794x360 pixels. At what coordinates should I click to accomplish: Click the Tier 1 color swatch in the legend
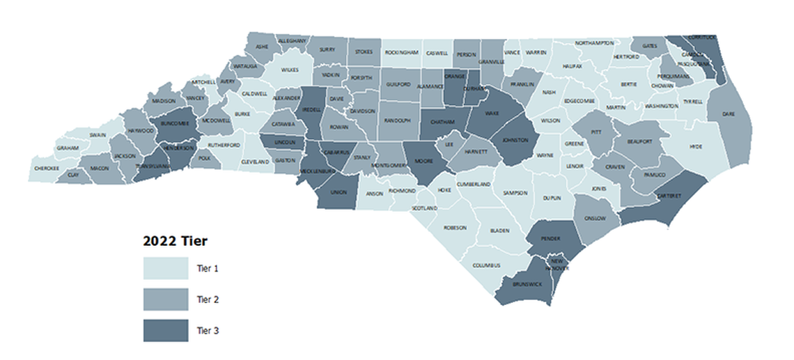166,268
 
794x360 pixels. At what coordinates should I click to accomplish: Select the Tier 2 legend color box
166,300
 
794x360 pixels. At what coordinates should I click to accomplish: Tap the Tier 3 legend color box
166,331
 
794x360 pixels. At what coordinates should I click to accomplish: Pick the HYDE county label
695,147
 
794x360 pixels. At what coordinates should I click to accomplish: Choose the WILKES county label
290,70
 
